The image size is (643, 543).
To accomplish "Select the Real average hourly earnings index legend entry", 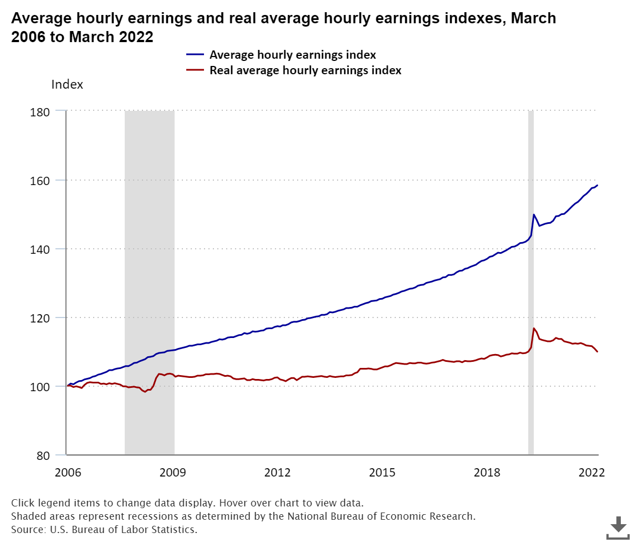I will point(305,70).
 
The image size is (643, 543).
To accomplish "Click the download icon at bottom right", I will point(618,527).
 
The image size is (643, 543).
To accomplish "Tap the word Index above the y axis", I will point(67,85).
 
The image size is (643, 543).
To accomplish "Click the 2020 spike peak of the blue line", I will point(534,214).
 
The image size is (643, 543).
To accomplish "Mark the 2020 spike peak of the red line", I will point(534,329).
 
